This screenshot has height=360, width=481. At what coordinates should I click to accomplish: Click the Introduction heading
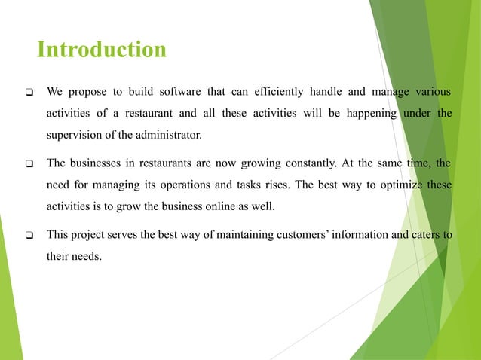102,50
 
